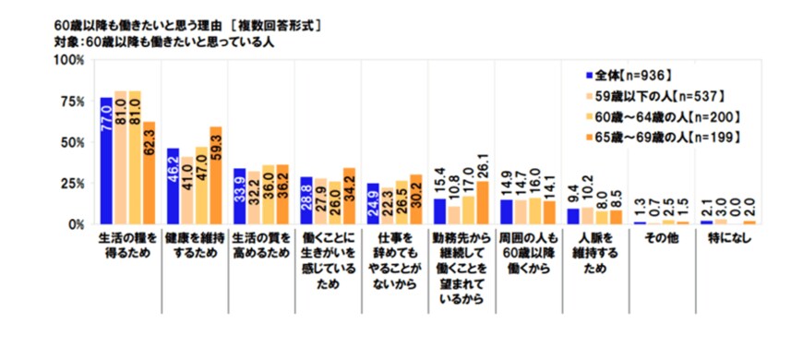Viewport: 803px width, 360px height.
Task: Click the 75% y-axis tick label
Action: [73, 102]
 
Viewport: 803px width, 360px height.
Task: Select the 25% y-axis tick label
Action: [73, 184]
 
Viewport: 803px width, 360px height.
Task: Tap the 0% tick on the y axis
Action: [77, 224]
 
